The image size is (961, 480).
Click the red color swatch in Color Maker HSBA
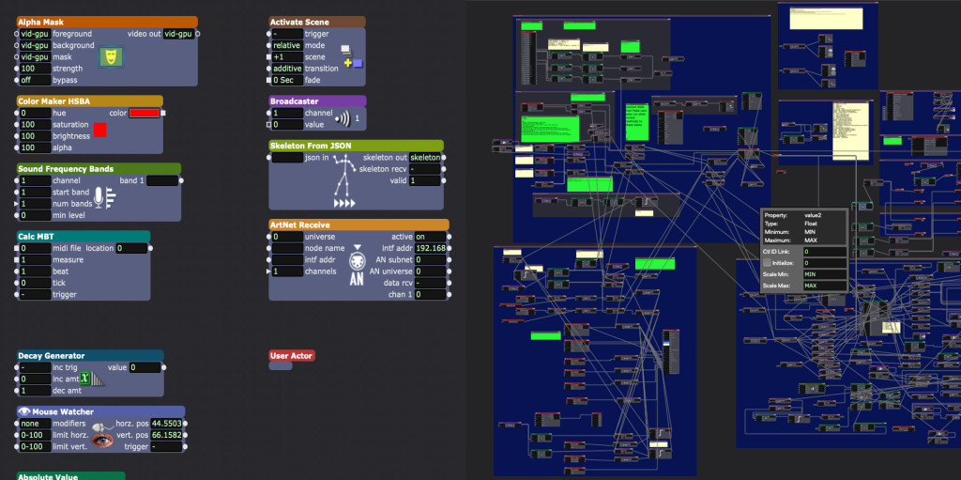(99, 130)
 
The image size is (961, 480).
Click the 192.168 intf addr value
(431, 248)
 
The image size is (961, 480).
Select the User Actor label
(291, 356)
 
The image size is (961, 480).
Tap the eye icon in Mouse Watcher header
(24, 411)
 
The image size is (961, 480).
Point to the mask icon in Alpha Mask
(111, 57)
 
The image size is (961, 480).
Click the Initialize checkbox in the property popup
(768, 263)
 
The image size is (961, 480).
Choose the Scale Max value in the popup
(823, 286)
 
